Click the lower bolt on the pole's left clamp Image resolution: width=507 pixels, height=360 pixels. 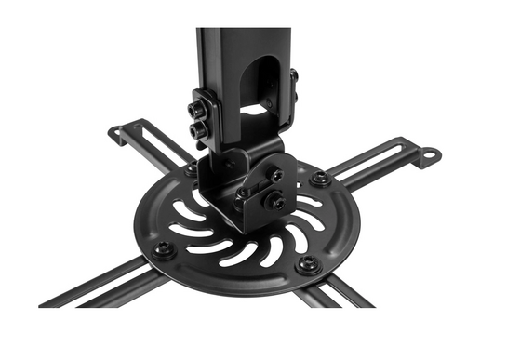pos(197,131)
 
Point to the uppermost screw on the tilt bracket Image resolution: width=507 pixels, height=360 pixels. pos(275,175)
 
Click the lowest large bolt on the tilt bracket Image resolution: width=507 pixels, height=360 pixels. pos(274,200)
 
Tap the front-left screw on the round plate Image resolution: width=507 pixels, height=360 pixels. pos(164,249)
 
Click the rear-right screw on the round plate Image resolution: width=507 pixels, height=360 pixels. pos(319,178)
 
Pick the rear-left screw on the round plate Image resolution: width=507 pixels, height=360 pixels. pos(191,170)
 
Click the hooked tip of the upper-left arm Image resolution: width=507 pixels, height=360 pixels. pos(115,133)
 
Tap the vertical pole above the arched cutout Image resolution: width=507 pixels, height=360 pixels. pos(244,42)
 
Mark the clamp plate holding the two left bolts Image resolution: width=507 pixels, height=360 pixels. pos(207,119)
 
